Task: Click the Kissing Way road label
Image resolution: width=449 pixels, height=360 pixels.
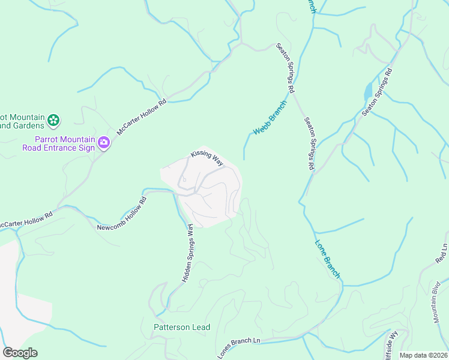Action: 207,158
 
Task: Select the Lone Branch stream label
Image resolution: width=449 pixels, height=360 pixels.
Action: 328,259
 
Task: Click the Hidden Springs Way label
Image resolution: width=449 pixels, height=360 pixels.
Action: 187,254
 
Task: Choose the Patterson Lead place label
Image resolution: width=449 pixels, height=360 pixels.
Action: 182,327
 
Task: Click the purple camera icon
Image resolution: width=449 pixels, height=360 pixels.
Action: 104,143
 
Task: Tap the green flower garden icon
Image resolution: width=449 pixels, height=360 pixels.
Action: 53,121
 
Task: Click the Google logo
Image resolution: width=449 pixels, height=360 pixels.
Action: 20,353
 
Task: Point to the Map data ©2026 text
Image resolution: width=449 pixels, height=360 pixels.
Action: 424,355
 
